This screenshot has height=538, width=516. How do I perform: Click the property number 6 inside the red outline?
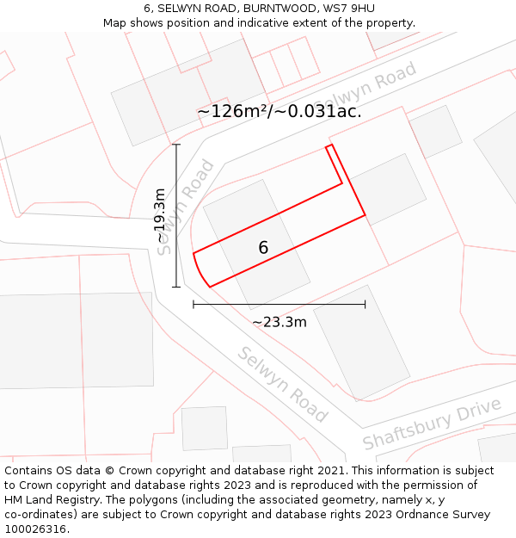click(x=263, y=248)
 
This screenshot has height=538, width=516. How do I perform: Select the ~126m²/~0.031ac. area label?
click(x=279, y=111)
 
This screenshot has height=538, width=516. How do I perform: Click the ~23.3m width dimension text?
click(x=279, y=322)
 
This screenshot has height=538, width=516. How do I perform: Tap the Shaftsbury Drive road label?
click(x=432, y=424)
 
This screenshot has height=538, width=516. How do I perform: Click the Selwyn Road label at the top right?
click(x=366, y=90)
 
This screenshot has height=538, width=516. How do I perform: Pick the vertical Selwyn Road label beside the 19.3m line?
click(x=187, y=207)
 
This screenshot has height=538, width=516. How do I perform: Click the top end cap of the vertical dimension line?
click(x=176, y=144)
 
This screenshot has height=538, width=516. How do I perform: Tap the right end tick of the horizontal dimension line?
click(x=365, y=304)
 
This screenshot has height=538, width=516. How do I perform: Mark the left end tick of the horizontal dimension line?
click(x=193, y=304)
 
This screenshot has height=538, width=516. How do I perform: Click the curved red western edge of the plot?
click(x=198, y=269)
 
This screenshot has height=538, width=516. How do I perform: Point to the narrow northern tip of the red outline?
click(x=329, y=147)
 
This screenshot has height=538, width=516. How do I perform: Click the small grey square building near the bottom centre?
click(x=205, y=428)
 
